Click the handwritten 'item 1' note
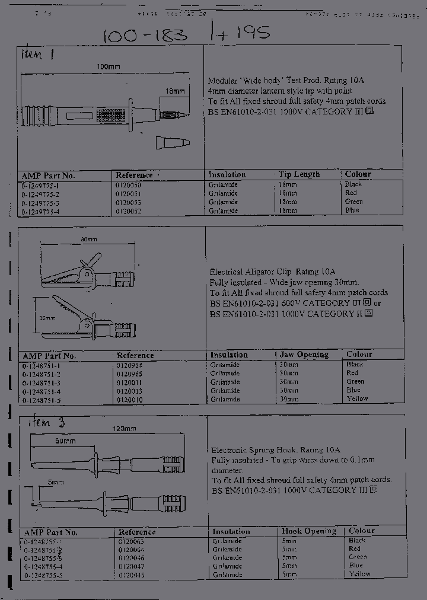[x=39, y=55]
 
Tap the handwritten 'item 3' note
[x=47, y=423]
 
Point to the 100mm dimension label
[x=108, y=67]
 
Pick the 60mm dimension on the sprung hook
[x=66, y=442]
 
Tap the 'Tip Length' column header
[x=299, y=174]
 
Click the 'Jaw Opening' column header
[x=304, y=355]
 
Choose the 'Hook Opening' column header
[x=308, y=531]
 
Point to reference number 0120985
[x=129, y=374]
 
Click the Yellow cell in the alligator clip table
[x=357, y=398]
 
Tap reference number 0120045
[x=131, y=575]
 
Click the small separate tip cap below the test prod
[x=172, y=142]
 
